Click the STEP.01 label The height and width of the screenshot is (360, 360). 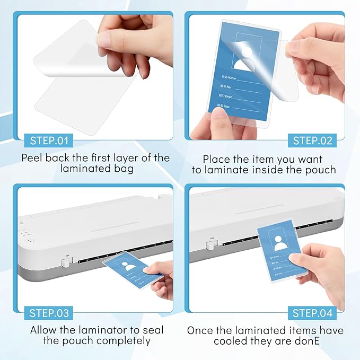48,141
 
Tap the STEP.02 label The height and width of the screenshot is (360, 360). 313,141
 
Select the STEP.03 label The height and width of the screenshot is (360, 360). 49,313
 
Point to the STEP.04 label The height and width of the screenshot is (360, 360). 313,313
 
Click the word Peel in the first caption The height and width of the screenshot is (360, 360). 33,158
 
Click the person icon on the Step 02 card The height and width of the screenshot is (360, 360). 247,57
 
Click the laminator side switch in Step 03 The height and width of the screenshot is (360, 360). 69,261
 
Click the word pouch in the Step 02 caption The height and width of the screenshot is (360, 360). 318,170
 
